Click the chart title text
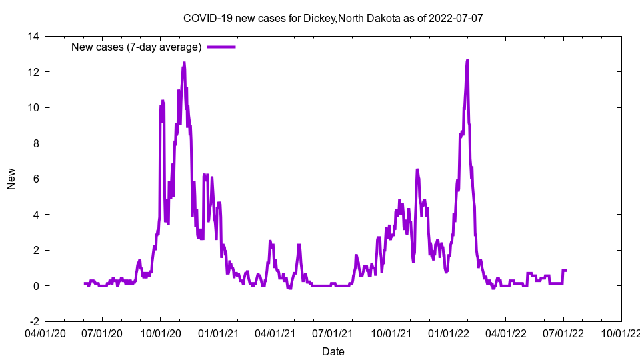pyautogui.click(x=333, y=19)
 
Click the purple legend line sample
pyautogui.click(x=221, y=47)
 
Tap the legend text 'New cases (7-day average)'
pyautogui.click(x=136, y=47)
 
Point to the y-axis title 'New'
pyautogui.click(x=11, y=179)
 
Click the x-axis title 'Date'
pyautogui.click(x=333, y=351)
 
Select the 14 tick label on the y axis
pyautogui.click(x=31, y=37)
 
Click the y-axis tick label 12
pyautogui.click(x=31, y=72)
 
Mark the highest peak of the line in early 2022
pyautogui.click(x=467, y=61)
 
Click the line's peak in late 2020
pyautogui.click(x=184, y=63)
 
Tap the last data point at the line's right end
pyautogui.click(x=566, y=271)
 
